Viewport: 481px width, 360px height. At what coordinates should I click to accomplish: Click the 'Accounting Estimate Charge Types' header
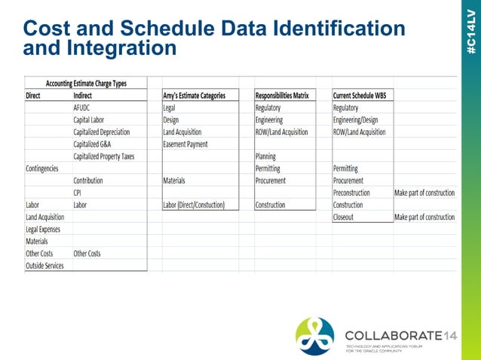pyautogui.click(x=86, y=84)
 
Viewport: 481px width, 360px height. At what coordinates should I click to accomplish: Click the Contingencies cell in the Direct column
pyautogui.click(x=42, y=169)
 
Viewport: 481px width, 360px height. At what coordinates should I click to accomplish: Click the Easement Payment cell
pyautogui.click(x=185, y=144)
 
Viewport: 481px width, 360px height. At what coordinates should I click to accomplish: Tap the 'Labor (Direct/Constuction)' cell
pyautogui.click(x=194, y=205)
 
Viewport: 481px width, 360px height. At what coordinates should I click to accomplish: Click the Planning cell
pyautogui.click(x=266, y=156)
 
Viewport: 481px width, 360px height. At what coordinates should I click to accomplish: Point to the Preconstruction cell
pyautogui.click(x=351, y=193)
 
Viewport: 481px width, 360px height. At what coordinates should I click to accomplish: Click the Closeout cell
pyautogui.click(x=345, y=217)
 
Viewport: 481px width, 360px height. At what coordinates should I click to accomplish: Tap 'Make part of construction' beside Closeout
pyautogui.click(x=424, y=217)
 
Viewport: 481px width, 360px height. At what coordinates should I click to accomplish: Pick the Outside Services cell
pyautogui.click(x=44, y=265)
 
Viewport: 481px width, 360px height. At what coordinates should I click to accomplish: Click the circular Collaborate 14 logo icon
pyautogui.click(x=314, y=335)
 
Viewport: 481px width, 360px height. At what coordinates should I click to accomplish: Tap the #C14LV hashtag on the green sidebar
pyautogui.click(x=470, y=30)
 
